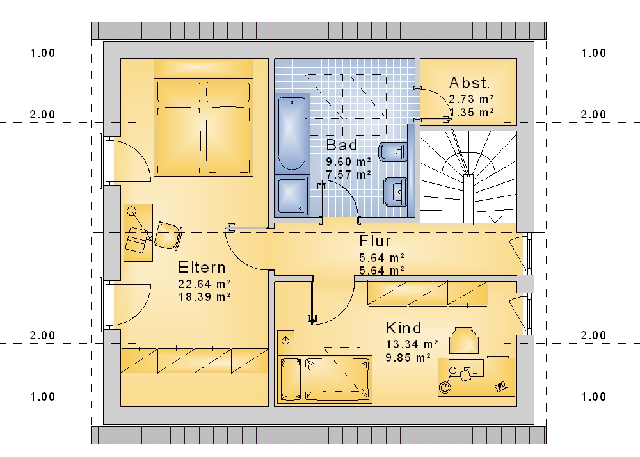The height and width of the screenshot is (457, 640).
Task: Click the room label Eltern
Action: pyautogui.click(x=202, y=268)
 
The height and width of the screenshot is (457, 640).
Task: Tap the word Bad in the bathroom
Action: pyautogui.click(x=342, y=145)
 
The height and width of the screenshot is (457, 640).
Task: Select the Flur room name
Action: pyautogui.click(x=374, y=241)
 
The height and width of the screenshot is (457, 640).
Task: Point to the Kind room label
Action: pyautogui.click(x=403, y=328)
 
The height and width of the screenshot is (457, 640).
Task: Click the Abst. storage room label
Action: pyautogui.click(x=469, y=83)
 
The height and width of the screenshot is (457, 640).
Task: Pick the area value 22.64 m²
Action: pyautogui.click(x=205, y=284)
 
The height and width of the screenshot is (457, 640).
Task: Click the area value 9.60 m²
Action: pyautogui.click(x=349, y=161)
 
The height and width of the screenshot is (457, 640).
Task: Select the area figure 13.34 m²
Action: pyautogui.click(x=412, y=344)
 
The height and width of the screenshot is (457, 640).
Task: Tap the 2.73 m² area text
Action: pyautogui.click(x=472, y=99)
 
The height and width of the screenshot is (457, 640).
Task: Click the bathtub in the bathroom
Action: pyautogui.click(x=292, y=133)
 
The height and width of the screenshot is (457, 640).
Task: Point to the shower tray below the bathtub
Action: pyautogui.click(x=292, y=196)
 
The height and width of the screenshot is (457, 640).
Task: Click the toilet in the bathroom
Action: pyautogui.click(x=393, y=152)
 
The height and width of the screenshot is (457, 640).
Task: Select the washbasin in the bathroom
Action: pyautogui.click(x=395, y=191)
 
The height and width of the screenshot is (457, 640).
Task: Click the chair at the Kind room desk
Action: pyautogui.click(x=463, y=340)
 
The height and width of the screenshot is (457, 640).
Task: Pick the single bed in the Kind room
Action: pyautogui.click(x=325, y=380)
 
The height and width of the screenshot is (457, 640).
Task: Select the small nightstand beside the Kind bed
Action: pyautogui.click(x=285, y=342)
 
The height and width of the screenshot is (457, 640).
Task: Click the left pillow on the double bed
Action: pyautogui.click(x=179, y=92)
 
